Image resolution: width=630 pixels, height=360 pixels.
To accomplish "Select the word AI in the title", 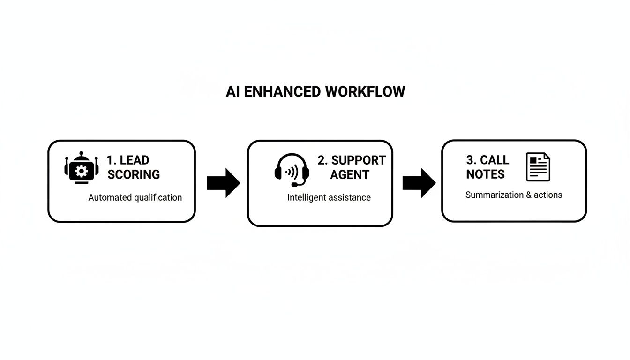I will [x=233, y=91].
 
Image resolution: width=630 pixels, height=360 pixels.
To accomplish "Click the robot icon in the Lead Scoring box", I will [x=82, y=168].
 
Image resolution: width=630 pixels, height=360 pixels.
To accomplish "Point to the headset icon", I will [x=292, y=170].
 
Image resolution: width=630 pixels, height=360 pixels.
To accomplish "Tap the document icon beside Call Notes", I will [x=538, y=167].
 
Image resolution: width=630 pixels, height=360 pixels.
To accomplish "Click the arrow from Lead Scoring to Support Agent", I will [x=224, y=182].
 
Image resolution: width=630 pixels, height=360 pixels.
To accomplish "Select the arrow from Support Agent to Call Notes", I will [x=419, y=182].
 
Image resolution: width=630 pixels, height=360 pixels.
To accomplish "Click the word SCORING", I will [x=134, y=174].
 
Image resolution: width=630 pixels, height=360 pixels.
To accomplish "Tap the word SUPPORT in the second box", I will [x=358, y=160].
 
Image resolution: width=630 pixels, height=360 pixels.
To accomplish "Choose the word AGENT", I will [x=350, y=174].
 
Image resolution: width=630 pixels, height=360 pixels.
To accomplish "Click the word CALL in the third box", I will [x=495, y=160].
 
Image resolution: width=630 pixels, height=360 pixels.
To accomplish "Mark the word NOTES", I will [x=485, y=174].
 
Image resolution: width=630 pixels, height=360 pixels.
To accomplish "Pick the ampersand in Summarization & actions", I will [x=529, y=195].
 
